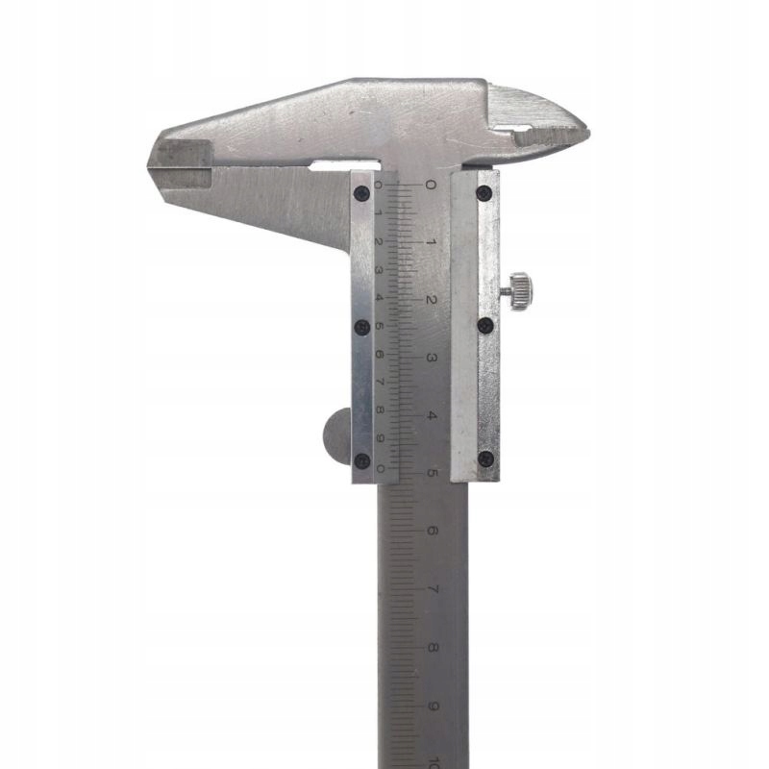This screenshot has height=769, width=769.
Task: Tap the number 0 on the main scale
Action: pos(431,184)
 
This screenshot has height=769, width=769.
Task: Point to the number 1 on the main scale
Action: pos(431,242)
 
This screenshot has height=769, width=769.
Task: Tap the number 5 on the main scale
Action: pos(432,474)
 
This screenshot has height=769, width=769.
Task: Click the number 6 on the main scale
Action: pos(432,532)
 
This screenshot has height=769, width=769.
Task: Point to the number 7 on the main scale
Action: pos(432,589)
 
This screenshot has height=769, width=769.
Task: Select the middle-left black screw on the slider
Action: pos(362,326)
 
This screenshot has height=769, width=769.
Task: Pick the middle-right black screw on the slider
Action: pos(484,326)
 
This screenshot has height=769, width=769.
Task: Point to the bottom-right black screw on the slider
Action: pos(484,459)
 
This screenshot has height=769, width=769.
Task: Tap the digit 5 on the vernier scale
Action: pos(380,326)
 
